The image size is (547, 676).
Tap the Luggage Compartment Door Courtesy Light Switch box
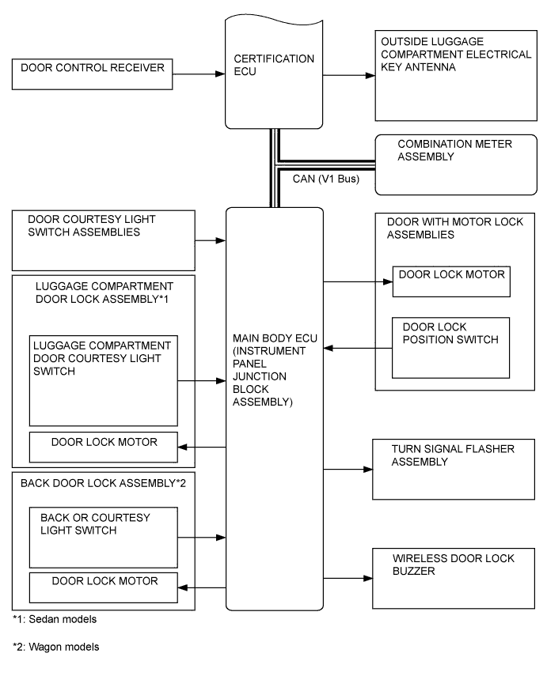(103, 380)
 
